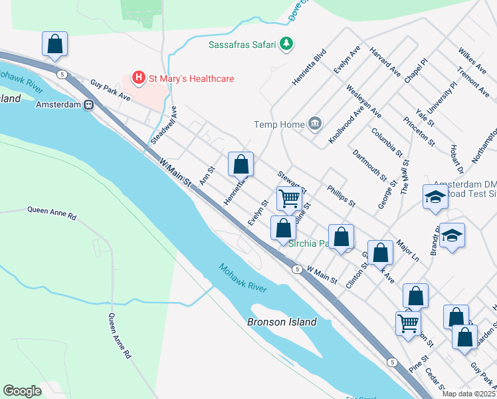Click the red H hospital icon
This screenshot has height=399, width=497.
[139, 78]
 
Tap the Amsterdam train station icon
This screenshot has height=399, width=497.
[88, 104]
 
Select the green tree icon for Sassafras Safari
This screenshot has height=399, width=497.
[286, 44]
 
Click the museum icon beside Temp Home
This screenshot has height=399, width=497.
[315, 124]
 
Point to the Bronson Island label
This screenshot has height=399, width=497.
[282, 322]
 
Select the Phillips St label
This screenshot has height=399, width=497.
[342, 195]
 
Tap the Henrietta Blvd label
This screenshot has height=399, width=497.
[309, 66]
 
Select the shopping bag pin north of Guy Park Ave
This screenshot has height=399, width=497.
[54, 44]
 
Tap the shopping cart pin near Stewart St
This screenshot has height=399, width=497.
[289, 198]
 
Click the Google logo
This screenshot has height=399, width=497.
[22, 391]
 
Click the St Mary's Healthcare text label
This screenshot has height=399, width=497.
[191, 78]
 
